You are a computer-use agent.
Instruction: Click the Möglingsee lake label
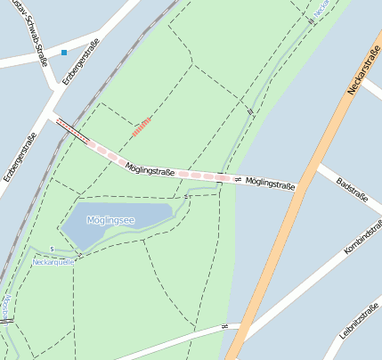pos(110,219)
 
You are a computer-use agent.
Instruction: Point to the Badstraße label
pos(353,193)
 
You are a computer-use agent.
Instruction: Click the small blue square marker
pos(64,53)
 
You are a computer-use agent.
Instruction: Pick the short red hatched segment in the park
pos(141,127)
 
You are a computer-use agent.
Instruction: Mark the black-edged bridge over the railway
pos(71,130)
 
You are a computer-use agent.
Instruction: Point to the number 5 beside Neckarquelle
pos(53,249)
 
